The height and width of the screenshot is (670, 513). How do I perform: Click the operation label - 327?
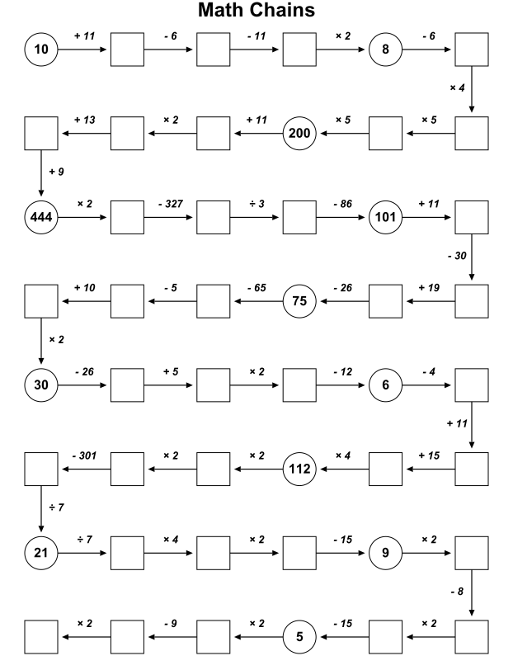(171, 204)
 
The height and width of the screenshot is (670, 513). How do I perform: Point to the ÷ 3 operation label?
(256, 204)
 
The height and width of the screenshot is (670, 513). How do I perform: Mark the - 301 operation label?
(84, 455)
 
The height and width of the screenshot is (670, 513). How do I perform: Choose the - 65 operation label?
(256, 288)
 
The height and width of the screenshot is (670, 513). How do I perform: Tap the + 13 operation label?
(84, 120)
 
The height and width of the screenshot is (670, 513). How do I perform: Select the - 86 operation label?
(342, 204)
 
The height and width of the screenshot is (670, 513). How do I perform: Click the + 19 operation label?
(429, 288)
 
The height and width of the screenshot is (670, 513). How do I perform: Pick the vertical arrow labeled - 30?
(472, 257)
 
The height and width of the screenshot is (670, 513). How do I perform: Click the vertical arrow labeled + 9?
(41, 173)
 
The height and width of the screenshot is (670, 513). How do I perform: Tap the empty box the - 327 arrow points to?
(213, 217)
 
